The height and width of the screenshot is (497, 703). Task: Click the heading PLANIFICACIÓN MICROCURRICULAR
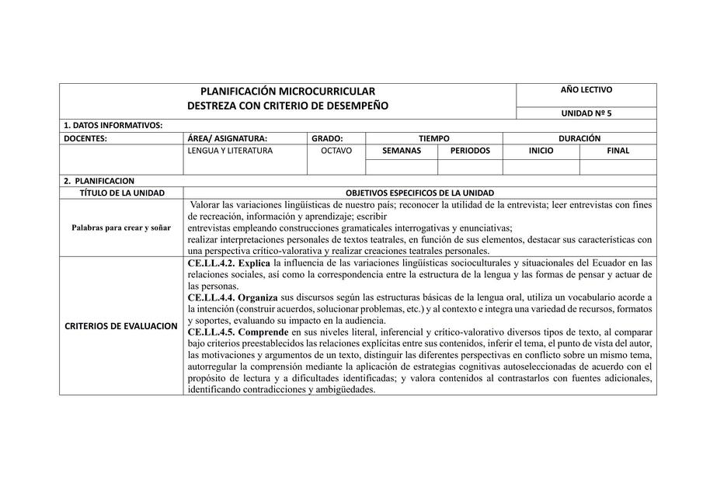[x=287, y=92]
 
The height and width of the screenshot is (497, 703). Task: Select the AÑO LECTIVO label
[x=586, y=90]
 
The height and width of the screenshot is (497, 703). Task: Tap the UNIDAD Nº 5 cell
[x=586, y=113]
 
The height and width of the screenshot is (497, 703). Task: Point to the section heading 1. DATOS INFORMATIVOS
[x=113, y=125]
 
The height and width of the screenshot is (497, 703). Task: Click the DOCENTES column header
[x=85, y=138]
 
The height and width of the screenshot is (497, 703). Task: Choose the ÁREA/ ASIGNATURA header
[x=228, y=138]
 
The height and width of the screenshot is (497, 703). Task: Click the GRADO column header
[x=327, y=138]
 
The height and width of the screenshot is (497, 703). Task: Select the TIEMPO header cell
[x=433, y=138]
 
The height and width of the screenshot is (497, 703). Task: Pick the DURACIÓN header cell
[x=579, y=138]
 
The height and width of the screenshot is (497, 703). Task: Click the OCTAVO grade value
[x=336, y=151]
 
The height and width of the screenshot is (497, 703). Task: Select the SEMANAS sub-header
[x=402, y=151]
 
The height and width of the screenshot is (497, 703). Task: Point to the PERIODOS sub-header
[x=470, y=151]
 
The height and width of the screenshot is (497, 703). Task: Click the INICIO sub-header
[x=541, y=151]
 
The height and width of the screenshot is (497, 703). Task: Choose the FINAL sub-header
[x=618, y=151]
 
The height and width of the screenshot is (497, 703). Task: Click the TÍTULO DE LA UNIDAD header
[x=122, y=193]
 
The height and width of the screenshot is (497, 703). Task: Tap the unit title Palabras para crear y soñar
[x=121, y=228]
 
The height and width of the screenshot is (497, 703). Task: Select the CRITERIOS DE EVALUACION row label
[x=121, y=325]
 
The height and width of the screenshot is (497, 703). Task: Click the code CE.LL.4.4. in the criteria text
[x=211, y=297]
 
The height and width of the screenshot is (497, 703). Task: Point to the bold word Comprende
[x=263, y=332]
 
